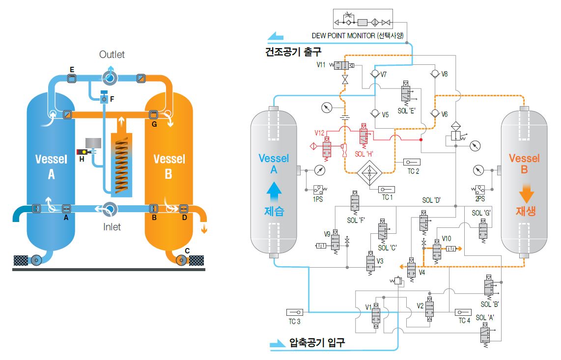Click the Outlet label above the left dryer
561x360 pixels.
click(x=112, y=55)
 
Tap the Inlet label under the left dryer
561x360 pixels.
click(x=112, y=227)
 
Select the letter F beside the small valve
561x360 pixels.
click(x=112, y=99)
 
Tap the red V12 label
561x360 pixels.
click(x=320, y=133)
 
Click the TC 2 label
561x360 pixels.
click(x=413, y=171)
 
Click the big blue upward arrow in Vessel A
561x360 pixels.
click(x=275, y=191)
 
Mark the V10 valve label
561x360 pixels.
click(x=446, y=238)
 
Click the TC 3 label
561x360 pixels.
click(x=294, y=322)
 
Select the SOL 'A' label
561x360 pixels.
click(x=484, y=318)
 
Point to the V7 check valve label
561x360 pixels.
click(x=384, y=75)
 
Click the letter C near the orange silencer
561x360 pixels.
click(x=187, y=250)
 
